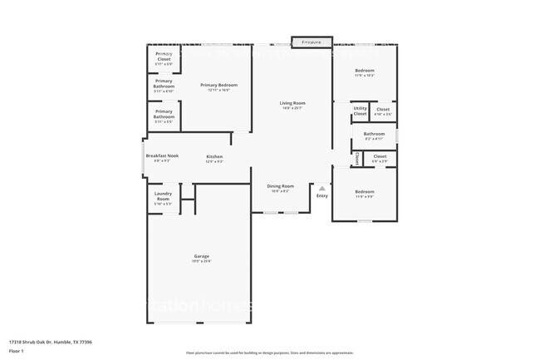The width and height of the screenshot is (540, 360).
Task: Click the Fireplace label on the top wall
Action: click(x=312, y=41)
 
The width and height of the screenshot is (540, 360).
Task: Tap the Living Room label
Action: click(x=292, y=103)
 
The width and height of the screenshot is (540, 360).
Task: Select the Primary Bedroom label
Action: click(x=219, y=85)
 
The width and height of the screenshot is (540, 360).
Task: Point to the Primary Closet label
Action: click(x=164, y=57)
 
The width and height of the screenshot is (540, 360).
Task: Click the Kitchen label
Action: click(x=214, y=156)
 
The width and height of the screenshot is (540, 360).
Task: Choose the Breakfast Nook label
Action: click(x=162, y=155)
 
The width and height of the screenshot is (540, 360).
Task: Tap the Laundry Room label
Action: click(x=163, y=197)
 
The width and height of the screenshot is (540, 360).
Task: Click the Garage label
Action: click(x=202, y=256)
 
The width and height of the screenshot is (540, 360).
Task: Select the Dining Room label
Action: click(x=280, y=186)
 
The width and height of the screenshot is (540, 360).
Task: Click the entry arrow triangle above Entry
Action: click(x=322, y=188)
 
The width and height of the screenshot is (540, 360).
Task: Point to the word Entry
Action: click(x=322, y=195)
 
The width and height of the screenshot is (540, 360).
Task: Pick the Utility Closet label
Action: click(x=360, y=111)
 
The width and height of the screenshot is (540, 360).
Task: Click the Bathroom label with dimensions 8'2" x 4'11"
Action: click(x=374, y=134)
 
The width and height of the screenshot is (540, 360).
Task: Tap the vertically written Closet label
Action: click(x=357, y=157)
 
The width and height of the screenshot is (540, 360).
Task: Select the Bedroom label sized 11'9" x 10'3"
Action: click(x=365, y=71)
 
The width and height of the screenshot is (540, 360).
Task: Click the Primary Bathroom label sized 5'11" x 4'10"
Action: click(x=164, y=84)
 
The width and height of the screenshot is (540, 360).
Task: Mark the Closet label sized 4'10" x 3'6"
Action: click(x=382, y=109)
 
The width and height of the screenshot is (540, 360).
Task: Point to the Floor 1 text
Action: click(x=17, y=351)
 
